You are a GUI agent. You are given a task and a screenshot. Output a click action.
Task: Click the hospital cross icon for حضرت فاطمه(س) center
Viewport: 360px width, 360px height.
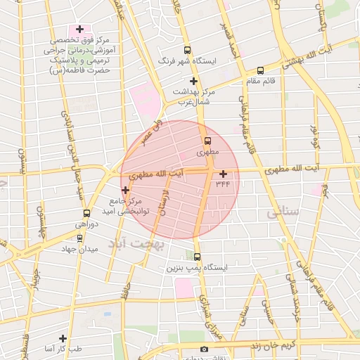click(x=80, y=30)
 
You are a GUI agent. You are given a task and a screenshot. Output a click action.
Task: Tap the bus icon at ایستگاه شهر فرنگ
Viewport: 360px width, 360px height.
click(x=187, y=50)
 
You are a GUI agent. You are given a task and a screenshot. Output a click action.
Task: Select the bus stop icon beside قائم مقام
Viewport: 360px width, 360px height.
click(x=261, y=70)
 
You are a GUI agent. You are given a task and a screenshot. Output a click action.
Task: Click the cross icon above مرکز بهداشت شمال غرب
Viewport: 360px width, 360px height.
click(x=193, y=81)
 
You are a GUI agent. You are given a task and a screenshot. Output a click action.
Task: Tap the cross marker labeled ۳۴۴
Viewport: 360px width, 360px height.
click(x=224, y=174)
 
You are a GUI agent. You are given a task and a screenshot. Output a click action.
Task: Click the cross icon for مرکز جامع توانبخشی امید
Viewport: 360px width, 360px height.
click(x=125, y=190)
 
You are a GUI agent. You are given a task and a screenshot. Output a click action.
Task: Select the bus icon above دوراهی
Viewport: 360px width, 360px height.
click(x=86, y=213)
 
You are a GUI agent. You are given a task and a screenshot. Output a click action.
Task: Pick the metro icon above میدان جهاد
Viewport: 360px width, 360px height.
click(x=79, y=238)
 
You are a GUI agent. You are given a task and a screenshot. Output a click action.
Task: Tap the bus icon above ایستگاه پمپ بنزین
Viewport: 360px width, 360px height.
click(x=197, y=257)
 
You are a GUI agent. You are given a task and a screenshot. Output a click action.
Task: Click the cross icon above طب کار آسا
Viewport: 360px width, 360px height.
click(x=63, y=338)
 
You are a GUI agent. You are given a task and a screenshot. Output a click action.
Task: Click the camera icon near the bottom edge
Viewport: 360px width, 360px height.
click(x=204, y=349)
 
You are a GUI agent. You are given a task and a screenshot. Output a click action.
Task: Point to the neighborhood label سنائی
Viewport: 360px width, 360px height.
click(x=284, y=211)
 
